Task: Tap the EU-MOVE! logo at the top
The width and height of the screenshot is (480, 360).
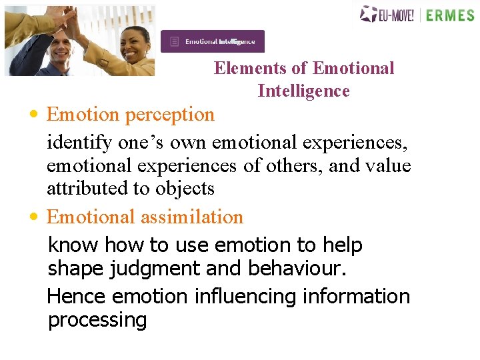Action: pos(387,14)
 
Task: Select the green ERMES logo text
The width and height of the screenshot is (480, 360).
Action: pos(450,15)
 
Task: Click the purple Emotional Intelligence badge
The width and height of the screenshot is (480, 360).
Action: pos(212,41)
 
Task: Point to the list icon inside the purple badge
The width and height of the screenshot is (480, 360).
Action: pos(175,41)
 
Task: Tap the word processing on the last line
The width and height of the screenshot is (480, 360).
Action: pos(97,320)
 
